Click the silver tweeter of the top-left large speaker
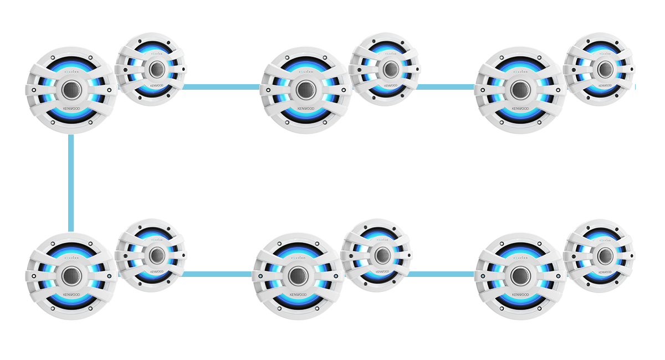(x=72, y=90)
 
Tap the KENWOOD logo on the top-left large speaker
(x=72, y=109)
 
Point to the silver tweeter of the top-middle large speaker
(x=306, y=90)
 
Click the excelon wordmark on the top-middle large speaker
(x=306, y=72)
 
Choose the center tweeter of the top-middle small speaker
(x=391, y=69)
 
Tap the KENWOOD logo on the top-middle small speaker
(x=391, y=86)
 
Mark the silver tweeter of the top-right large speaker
(x=520, y=90)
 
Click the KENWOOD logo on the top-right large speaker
(x=520, y=109)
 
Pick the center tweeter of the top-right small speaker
(x=605, y=69)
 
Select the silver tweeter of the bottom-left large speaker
(x=72, y=275)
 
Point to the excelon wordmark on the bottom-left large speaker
(x=72, y=258)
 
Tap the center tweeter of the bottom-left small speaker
(x=157, y=255)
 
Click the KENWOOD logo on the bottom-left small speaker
(x=157, y=271)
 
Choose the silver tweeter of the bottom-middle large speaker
(x=298, y=275)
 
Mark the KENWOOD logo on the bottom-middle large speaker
(x=298, y=294)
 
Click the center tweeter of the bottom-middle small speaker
(x=383, y=255)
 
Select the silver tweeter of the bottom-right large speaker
(x=520, y=275)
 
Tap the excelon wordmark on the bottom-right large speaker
(x=520, y=258)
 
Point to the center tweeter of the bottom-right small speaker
(x=605, y=255)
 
